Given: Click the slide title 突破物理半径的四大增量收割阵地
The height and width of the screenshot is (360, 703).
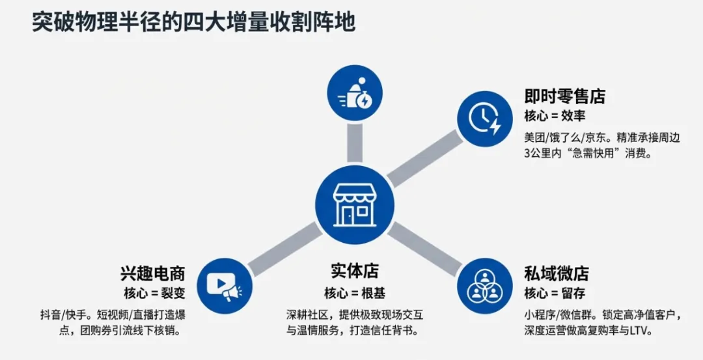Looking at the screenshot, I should point(194,22).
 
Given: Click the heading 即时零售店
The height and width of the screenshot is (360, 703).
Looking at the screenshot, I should point(564,97).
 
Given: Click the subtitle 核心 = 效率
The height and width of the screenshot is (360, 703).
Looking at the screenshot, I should point(555,116).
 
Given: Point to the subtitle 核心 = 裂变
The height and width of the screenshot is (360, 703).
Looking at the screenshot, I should point(154,292).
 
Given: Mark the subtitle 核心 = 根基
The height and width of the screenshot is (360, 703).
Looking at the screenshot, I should point(354,292).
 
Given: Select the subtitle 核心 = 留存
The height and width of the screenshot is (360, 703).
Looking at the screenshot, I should point(555,292).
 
